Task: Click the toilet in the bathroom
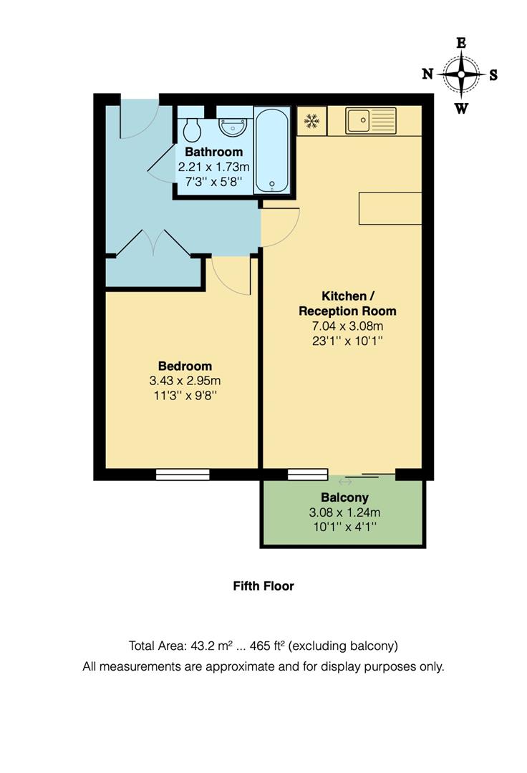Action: click(191, 130)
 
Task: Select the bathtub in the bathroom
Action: click(273, 150)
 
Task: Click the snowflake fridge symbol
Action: click(311, 121)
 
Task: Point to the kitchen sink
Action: click(371, 120)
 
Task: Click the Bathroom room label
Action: click(213, 152)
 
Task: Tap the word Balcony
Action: click(344, 497)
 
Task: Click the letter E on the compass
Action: click(461, 43)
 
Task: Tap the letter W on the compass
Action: click(462, 109)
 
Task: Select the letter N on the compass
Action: click(427, 74)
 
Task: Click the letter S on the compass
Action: click(493, 74)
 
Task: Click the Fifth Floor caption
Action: click(263, 585)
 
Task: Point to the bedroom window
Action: click(183, 474)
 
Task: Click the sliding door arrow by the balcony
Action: click(344, 482)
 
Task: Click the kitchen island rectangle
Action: click(390, 208)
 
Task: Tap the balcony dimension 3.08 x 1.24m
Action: click(344, 512)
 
